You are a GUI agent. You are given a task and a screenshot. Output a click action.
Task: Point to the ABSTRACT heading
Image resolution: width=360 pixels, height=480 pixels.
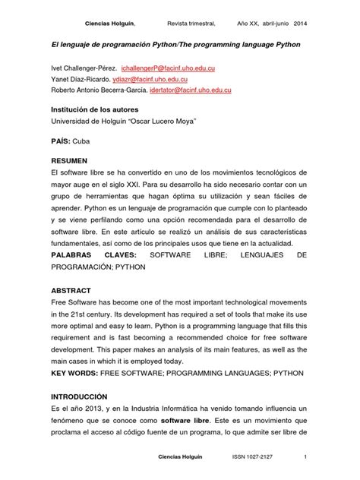pos(71,291)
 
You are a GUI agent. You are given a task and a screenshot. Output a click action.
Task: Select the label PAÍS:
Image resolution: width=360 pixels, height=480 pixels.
pos(62,141)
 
